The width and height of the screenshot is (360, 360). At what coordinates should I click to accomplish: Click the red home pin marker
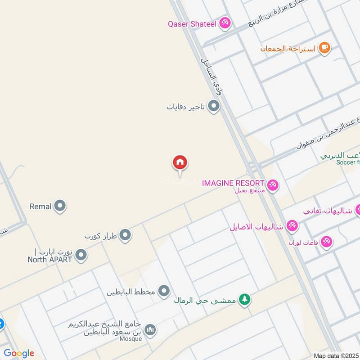click(x=180, y=162)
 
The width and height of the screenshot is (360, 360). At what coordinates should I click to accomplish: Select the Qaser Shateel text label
click(x=192, y=23)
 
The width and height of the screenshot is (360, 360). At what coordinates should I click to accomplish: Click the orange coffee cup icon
click(x=324, y=47)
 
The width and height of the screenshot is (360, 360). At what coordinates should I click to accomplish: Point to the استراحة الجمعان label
click(x=288, y=48)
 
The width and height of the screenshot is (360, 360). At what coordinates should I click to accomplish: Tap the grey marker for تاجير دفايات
click(x=214, y=107)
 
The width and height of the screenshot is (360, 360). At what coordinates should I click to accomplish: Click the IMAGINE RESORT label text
click(x=233, y=183)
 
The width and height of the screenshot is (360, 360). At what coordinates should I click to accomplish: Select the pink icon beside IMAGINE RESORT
click(x=272, y=184)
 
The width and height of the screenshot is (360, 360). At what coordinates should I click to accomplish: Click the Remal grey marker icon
click(x=60, y=207)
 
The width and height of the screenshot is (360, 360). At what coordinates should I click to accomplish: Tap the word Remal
click(x=40, y=207)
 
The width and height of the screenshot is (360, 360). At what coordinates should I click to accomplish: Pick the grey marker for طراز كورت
click(x=125, y=235)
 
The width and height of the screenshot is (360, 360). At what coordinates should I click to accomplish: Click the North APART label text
click(x=50, y=259)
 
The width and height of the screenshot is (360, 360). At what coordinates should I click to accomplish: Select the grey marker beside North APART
click(x=81, y=256)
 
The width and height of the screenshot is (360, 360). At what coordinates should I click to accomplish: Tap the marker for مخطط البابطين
click(x=164, y=291)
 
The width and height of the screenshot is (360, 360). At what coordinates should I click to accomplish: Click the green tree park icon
click(x=244, y=299)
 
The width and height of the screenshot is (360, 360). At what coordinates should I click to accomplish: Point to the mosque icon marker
click(x=151, y=330)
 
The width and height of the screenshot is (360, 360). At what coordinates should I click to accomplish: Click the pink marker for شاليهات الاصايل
click(x=292, y=226)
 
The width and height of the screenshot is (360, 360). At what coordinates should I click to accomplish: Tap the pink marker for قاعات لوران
click(x=327, y=242)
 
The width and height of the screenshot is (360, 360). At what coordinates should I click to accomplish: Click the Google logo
click(x=19, y=353)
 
